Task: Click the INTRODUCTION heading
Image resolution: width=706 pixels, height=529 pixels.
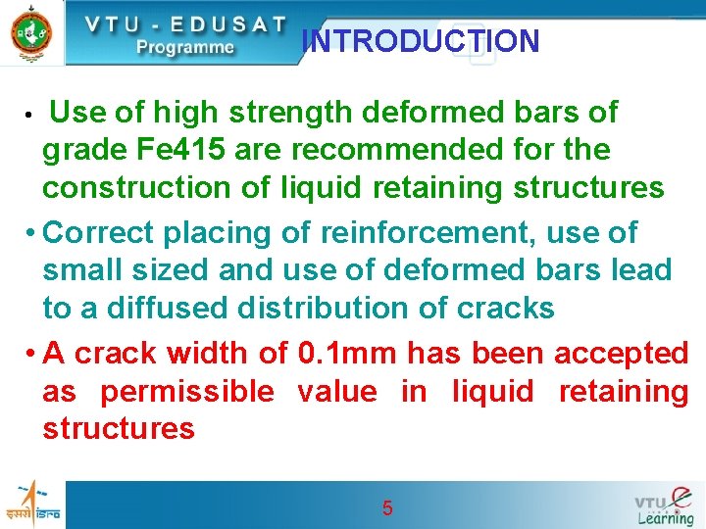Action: (421, 41)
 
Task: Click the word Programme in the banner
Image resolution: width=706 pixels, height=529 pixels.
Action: (185, 46)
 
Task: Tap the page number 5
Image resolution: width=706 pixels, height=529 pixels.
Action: (387, 508)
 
